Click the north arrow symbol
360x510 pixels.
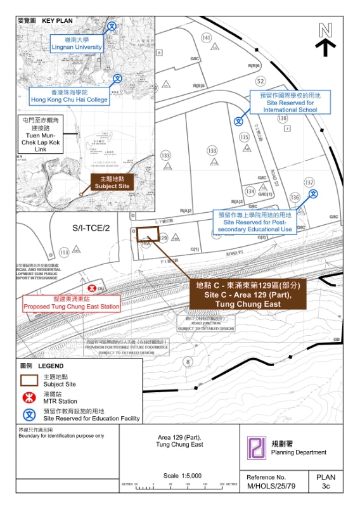326,39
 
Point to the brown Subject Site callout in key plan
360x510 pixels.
112,182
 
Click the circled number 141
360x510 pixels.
206,38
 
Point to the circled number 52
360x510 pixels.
260,81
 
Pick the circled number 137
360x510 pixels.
309,182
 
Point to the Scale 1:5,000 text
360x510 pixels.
182,475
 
